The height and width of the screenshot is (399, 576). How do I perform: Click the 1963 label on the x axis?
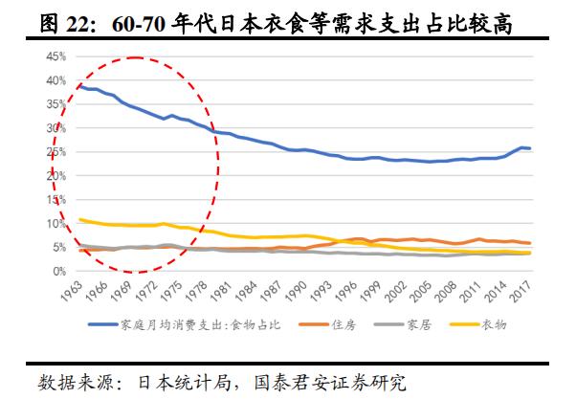(x=70, y=291)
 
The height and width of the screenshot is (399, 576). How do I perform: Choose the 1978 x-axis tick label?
(x=199, y=291)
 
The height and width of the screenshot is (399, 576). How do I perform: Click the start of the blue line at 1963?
(x=78, y=86)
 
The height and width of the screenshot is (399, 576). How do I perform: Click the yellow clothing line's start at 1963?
(x=78, y=219)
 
